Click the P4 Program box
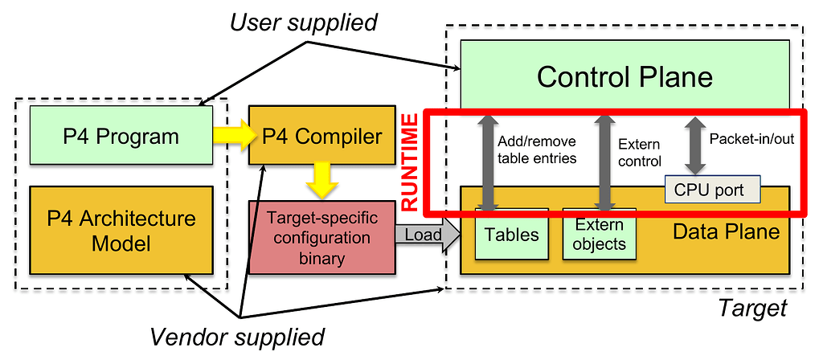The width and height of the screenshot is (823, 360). (x=121, y=135)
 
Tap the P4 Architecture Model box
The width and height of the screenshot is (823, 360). (x=121, y=230)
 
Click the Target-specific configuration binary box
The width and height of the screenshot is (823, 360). (x=322, y=239)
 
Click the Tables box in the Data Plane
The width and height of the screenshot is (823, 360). (x=511, y=235)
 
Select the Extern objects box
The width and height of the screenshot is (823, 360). (x=600, y=235)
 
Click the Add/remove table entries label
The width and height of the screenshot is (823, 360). (x=537, y=150)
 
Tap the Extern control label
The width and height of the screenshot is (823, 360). (x=639, y=153)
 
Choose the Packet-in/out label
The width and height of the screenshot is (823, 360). (x=751, y=138)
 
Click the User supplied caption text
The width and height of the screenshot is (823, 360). (x=303, y=23)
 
